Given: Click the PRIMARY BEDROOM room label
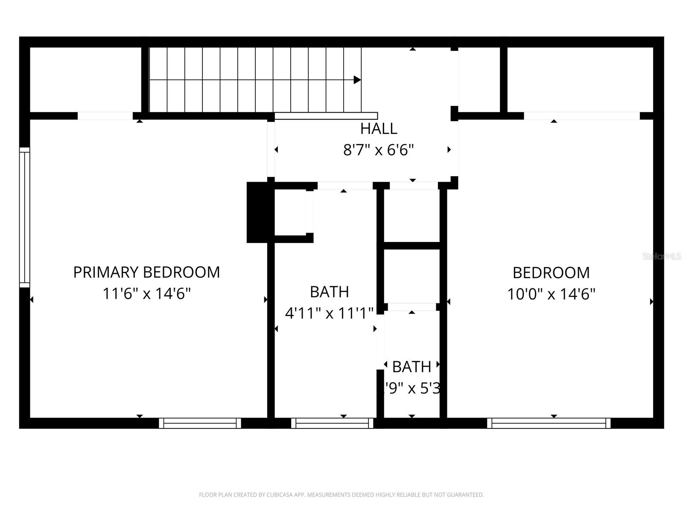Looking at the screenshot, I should [x=146, y=272].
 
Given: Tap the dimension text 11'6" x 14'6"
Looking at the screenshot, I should [x=146, y=294].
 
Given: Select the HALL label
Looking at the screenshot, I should [x=379, y=128].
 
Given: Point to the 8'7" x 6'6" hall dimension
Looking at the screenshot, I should [x=379, y=150].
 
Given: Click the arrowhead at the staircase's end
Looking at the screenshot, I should [x=357, y=80].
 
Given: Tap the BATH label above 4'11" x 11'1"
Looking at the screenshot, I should [x=329, y=292].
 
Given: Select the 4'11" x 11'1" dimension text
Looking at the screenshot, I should [x=329, y=314].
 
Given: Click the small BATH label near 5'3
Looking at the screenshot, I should [x=412, y=367].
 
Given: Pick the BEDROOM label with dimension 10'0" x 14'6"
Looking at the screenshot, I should [x=551, y=273].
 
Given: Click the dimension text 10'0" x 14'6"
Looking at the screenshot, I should [x=551, y=294].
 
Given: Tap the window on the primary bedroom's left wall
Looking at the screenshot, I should [x=25, y=217].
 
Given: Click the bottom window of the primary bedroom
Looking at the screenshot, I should [x=200, y=423].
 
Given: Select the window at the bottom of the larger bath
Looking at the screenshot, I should [x=332, y=423].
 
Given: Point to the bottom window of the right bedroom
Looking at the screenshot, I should [x=549, y=423].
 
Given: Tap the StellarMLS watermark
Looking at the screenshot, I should [x=661, y=256].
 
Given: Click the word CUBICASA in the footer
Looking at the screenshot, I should [x=279, y=495].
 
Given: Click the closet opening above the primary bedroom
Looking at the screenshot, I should [x=105, y=116].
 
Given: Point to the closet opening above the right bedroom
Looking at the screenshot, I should [x=581, y=116].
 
